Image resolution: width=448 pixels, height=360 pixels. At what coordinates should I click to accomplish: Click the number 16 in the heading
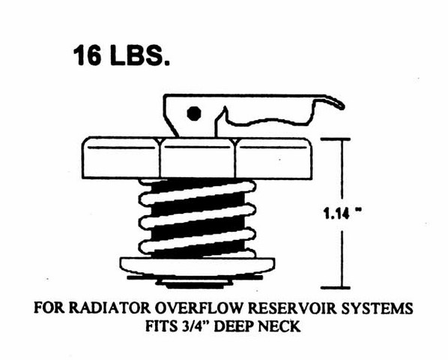click(x=87, y=55)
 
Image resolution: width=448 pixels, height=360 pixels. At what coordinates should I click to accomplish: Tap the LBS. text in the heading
click(x=139, y=55)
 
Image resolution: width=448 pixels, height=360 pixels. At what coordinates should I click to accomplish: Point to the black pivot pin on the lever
click(x=194, y=113)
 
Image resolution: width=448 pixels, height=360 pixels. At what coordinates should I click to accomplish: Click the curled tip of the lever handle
click(x=341, y=105)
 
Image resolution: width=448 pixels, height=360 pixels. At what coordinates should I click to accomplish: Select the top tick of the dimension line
click(x=339, y=139)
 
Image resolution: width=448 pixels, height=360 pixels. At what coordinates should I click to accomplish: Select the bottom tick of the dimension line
click(x=339, y=287)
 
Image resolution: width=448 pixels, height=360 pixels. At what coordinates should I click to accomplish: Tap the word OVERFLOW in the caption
click(x=199, y=308)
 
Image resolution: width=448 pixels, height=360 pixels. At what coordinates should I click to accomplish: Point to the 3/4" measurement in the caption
click(x=195, y=326)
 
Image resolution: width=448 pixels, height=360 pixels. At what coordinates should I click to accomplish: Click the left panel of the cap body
click(x=121, y=157)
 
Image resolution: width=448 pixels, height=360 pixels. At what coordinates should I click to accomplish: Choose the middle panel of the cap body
click(x=198, y=157)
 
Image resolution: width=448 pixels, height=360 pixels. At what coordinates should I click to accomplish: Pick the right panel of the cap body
click(x=273, y=157)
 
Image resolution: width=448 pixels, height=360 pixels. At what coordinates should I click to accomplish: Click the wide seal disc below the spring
click(x=198, y=266)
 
